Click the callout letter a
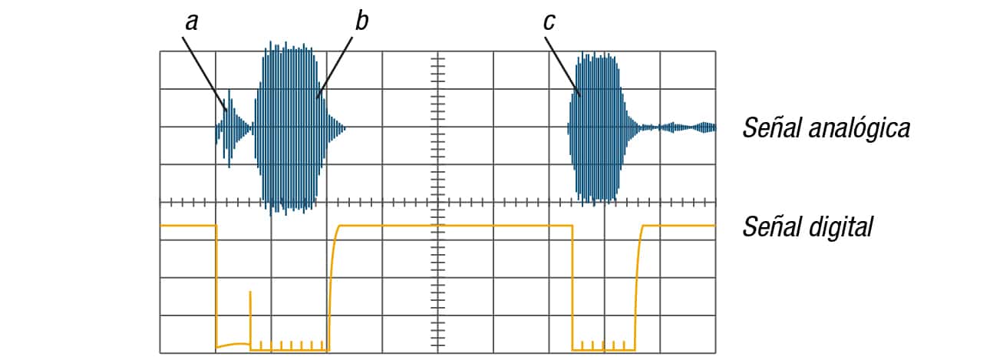click(x=192, y=22)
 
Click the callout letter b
click(x=361, y=21)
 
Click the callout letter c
click(x=549, y=22)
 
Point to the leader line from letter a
click(x=205, y=74)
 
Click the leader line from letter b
click(x=335, y=68)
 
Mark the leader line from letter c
click(x=563, y=66)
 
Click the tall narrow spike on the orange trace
click(x=250, y=320)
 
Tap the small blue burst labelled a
click(x=233, y=128)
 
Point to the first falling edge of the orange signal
click(x=216, y=286)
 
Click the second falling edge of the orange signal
click(x=572, y=287)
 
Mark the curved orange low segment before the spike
click(x=233, y=345)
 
